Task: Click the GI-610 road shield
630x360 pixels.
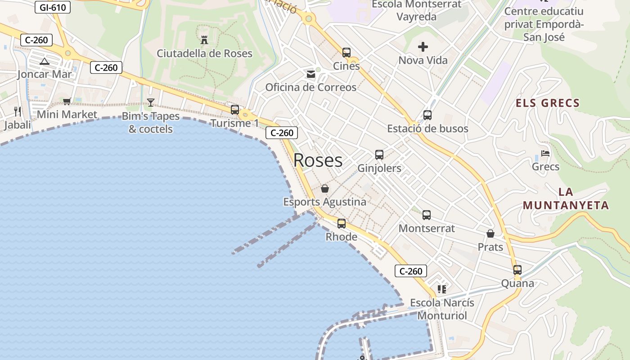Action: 53,7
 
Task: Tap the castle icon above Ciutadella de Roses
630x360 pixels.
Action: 204,40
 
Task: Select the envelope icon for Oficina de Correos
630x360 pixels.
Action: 311,74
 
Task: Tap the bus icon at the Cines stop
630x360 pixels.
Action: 346,53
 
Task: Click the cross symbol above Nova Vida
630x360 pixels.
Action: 423,46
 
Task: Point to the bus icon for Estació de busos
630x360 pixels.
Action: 427,115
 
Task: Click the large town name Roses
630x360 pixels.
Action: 318,160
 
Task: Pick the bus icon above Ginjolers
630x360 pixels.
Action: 379,155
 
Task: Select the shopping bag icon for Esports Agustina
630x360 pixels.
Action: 324,189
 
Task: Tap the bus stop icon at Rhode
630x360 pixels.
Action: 342,223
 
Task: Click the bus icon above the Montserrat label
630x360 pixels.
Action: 427,215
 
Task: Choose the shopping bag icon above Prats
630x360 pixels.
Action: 490,234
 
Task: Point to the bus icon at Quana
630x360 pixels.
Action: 517,270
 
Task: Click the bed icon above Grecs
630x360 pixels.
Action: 545,153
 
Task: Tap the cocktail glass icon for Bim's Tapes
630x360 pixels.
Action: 151,103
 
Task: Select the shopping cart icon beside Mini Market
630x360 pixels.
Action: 67,101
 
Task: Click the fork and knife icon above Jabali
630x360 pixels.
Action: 18,111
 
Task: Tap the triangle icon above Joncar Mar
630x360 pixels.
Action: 44,61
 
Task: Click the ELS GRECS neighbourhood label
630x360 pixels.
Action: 548,103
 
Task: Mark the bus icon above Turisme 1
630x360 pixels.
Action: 234,109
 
